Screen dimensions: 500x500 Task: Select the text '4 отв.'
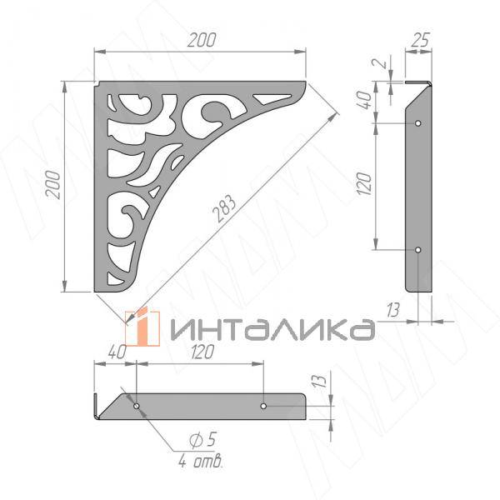[200, 461]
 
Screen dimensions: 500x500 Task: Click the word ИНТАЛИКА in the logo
[271, 330]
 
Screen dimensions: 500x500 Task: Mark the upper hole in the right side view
[418, 122]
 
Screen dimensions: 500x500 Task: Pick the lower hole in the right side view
[418, 249]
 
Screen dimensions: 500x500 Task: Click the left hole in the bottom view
[137, 406]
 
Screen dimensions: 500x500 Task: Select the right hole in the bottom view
[263, 406]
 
